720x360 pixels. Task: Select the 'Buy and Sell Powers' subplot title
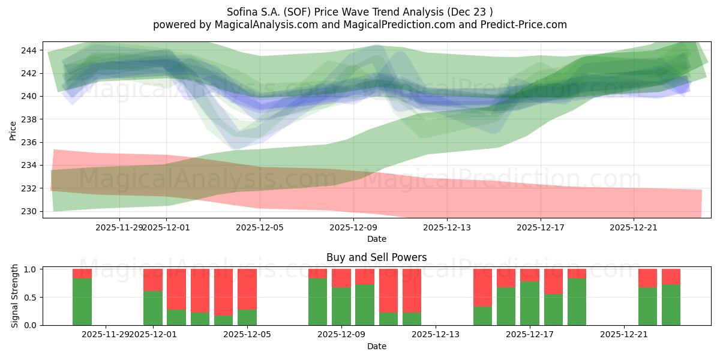[x=376, y=257]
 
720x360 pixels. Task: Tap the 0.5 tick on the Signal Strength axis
[x=31, y=297]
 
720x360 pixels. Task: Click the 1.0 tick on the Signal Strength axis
[x=31, y=269]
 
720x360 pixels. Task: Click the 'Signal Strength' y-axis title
[x=14, y=296]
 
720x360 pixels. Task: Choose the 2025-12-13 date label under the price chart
[x=447, y=228]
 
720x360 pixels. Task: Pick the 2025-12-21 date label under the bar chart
[x=625, y=334]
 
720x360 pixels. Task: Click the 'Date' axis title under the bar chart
[x=376, y=346]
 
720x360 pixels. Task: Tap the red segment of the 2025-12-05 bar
[x=247, y=289]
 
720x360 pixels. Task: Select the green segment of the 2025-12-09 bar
[x=341, y=306]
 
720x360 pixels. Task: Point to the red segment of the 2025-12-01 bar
[x=153, y=280]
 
